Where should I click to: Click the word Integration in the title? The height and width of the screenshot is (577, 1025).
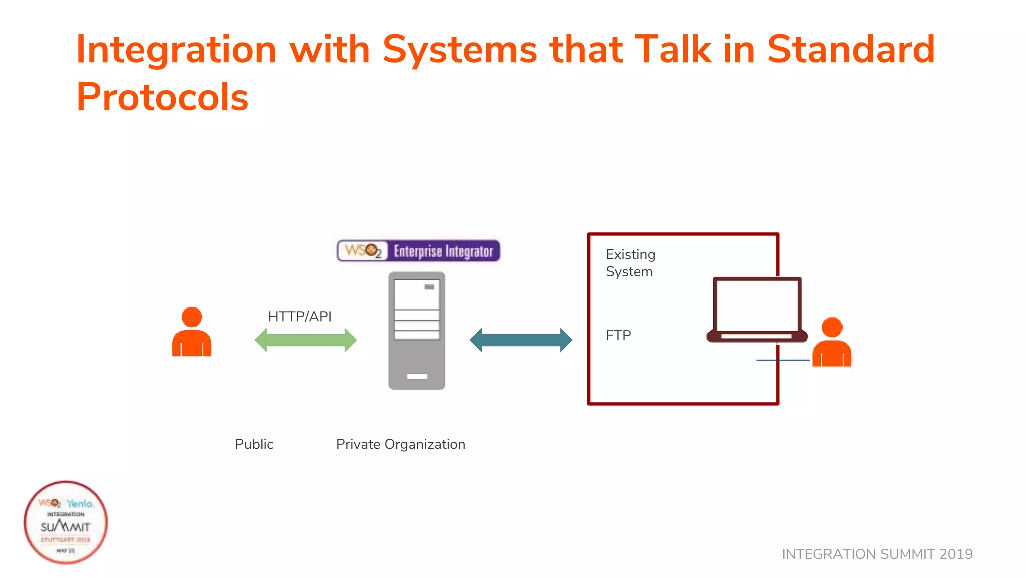coord(176,50)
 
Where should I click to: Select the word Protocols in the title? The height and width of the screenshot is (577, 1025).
coord(162,97)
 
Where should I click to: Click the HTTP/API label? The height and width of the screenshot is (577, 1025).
coord(300,317)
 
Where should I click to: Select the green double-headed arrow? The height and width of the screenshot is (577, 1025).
coord(306,340)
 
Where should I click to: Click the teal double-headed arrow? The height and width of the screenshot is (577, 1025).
coord(521,340)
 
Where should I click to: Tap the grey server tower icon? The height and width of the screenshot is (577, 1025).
coord(417,331)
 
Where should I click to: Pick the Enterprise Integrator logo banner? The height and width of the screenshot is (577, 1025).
coord(418,251)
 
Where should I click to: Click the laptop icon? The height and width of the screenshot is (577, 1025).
coord(757,310)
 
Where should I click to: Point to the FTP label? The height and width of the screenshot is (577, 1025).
coord(618,335)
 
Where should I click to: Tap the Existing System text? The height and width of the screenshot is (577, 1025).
coord(630,263)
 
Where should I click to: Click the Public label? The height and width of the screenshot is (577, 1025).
coord(254,444)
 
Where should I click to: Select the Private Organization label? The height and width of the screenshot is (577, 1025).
coord(401,444)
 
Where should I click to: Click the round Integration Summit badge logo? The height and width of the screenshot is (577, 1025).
coord(66,522)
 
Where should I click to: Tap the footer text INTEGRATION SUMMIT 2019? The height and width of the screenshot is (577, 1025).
coord(877,554)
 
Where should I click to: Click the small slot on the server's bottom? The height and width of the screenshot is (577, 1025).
coord(417,376)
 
